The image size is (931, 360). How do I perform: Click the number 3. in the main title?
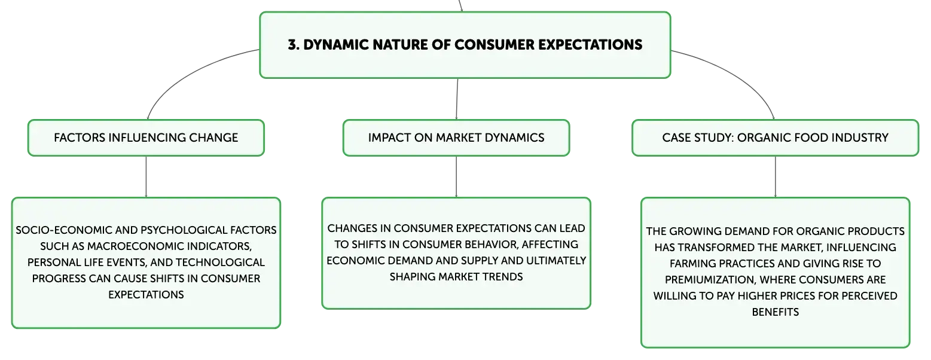[x=294, y=45]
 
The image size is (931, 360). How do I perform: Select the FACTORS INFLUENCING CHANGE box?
[x=146, y=138]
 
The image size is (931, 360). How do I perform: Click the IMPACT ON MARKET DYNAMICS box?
[x=456, y=138]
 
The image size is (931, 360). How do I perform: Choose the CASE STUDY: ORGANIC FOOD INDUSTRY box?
[x=775, y=138]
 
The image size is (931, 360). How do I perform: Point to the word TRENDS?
[x=502, y=277]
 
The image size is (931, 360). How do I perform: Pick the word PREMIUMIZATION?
[x=710, y=280]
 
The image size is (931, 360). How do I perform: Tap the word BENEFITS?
[x=775, y=312]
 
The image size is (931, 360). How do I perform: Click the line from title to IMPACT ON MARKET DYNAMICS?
[x=457, y=99]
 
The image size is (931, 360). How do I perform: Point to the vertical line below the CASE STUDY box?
[x=775, y=176]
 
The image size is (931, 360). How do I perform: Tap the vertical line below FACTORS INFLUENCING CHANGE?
[x=146, y=176]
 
